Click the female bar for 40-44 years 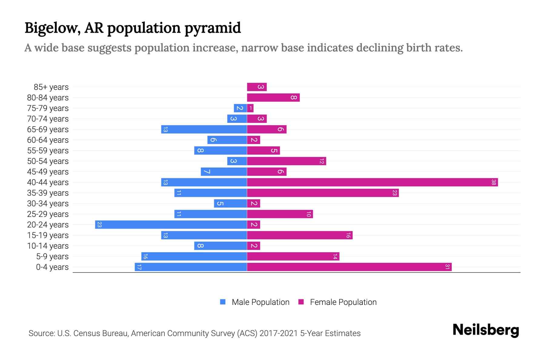pos(372,182)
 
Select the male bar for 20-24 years pos(171,225)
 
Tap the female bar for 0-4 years pos(349,267)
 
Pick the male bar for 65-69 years pos(204,129)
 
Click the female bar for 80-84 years pos(273,98)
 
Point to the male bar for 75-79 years pos(240,108)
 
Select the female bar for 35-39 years pos(323,193)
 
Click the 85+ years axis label pos(51,87)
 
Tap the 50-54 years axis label pos(48,161)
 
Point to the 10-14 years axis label pos(48,246)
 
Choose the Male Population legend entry pos(255,302)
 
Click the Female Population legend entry pos(337,302)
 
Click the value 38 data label pos(494,182)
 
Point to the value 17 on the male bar pos(139,267)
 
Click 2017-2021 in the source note pos(279,333)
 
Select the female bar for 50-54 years pos(286,161)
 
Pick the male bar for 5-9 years pos(194,257)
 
